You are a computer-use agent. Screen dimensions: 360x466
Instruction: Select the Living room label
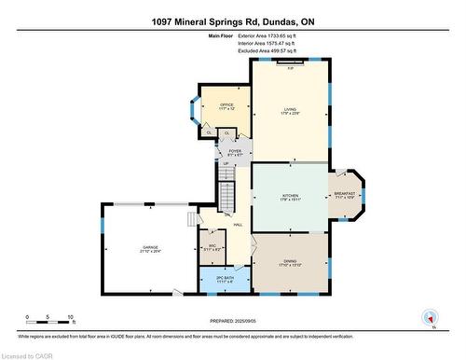coord(290,112)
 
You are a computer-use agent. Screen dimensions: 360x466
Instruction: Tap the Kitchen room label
coord(288,197)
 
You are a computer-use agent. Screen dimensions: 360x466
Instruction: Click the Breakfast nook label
coord(345,195)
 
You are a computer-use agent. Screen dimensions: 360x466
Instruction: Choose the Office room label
coord(226,105)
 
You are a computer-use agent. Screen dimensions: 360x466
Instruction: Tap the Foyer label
coord(235,152)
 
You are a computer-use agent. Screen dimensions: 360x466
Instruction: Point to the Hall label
coord(238,225)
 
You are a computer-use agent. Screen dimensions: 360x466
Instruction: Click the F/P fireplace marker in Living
coord(291,67)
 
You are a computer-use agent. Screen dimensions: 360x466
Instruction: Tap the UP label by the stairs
coord(226,164)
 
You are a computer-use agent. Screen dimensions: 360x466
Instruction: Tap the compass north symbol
coord(430,318)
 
